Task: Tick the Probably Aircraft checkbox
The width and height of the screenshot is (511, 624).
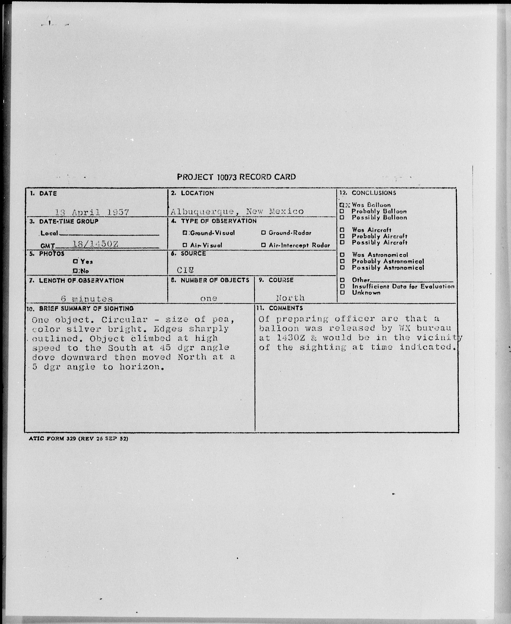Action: pos(342,236)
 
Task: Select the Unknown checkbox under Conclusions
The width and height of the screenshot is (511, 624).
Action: pos(342,293)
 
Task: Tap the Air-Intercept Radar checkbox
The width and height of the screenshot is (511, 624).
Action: pos(263,245)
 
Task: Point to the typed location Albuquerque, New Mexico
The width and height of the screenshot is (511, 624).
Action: pos(237,211)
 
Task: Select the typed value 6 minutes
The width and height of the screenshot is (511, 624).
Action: pos(87,299)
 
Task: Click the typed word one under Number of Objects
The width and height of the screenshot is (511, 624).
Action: pos(208,298)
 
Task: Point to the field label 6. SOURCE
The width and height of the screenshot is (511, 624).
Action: pos(188,254)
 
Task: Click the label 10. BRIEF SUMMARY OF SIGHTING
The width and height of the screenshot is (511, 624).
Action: pos(80,308)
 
